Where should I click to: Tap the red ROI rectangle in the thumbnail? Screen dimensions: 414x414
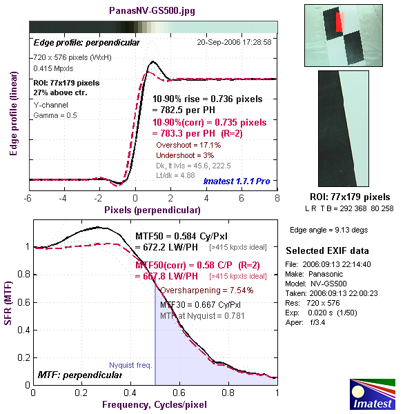tap(339, 22)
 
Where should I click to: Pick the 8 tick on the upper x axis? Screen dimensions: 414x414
tap(277, 197)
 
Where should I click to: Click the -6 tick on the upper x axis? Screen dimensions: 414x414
tap(28, 197)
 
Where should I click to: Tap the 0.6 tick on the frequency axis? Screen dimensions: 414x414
tap(179, 393)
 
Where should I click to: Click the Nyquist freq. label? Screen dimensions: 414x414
tap(130, 366)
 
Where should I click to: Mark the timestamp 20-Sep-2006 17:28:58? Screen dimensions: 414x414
tap(234, 42)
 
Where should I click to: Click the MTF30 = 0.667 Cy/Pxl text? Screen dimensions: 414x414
tap(200, 304)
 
